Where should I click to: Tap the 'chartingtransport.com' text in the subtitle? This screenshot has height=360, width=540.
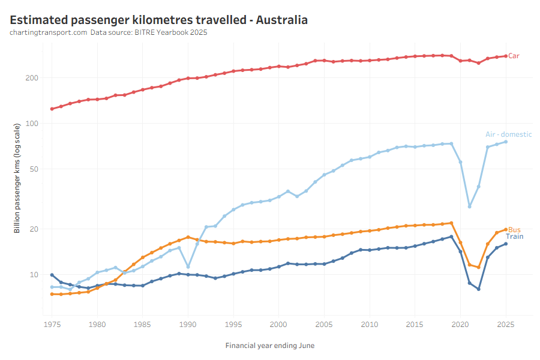(49, 32)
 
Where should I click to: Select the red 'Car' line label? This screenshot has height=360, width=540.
(514, 56)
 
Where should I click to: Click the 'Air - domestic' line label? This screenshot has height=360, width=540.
(508, 134)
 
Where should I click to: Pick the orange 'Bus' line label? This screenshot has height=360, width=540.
(515, 230)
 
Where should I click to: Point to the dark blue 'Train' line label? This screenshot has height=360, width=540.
(515, 236)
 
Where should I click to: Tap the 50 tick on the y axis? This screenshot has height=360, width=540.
(34, 169)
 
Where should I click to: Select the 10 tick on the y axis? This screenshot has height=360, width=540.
(34, 275)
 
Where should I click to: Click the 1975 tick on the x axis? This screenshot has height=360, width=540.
(52, 325)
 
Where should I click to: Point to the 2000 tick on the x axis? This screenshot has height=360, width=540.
(278, 325)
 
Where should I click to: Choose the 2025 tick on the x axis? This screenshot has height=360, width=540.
(505, 325)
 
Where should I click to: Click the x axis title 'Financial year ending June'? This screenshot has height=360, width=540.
(269, 346)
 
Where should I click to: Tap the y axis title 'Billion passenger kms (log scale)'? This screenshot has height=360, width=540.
(17, 178)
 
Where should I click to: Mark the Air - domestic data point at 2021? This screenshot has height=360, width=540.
(470, 206)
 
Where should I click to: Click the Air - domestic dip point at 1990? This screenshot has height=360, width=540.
(188, 267)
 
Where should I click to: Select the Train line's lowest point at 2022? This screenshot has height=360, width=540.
(479, 289)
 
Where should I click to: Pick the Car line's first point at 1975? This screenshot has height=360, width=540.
(52, 109)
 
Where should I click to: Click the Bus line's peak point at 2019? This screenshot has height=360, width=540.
(451, 223)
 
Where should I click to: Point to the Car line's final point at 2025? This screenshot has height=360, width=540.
(506, 56)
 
